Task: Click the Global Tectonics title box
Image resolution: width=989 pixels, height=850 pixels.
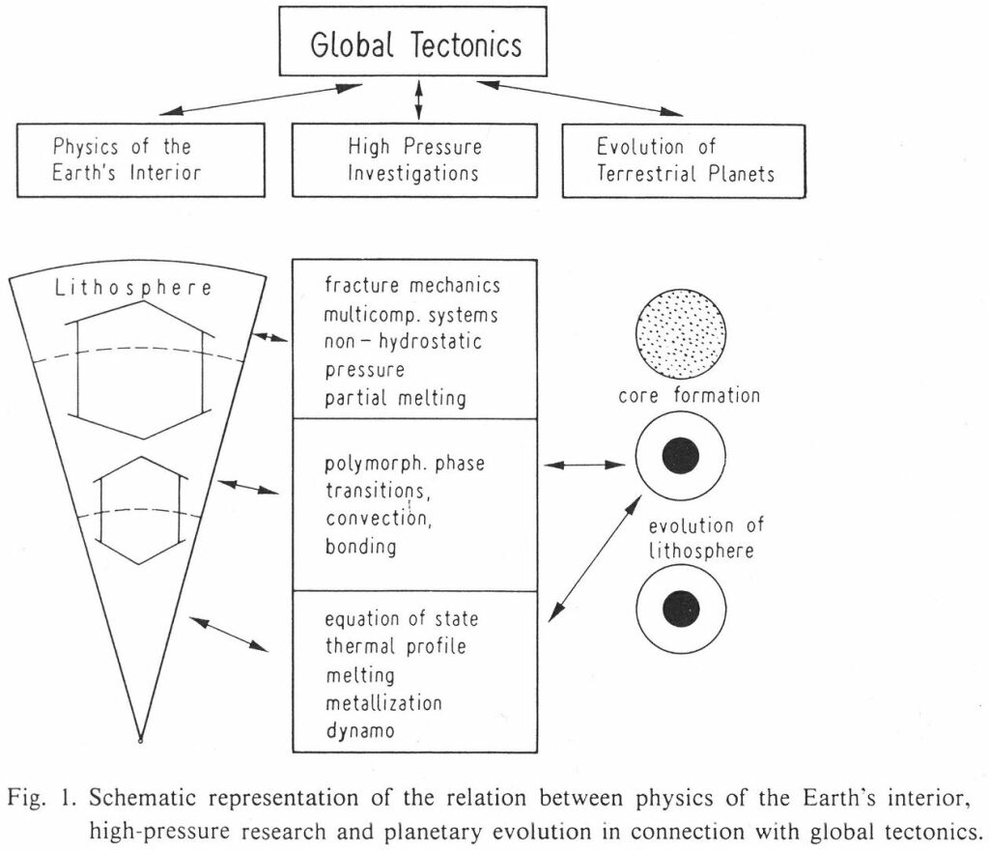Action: click(412, 42)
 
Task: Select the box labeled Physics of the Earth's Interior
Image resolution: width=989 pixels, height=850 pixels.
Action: click(141, 160)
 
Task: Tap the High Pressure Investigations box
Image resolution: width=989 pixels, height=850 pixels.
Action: click(414, 160)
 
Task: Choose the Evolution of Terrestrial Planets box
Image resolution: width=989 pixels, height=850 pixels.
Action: click(684, 160)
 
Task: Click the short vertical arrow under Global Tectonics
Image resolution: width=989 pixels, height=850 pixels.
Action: click(417, 99)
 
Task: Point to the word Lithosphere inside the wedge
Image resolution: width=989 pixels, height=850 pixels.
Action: click(133, 288)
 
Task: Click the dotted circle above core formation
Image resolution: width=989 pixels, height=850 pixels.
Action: click(681, 333)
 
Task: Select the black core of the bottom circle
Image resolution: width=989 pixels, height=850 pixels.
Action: click(681, 609)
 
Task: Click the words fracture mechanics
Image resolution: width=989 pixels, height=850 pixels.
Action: click(412, 285)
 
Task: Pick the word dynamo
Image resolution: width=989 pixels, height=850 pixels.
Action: click(360, 731)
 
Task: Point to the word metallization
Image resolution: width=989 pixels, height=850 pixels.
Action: click(383, 702)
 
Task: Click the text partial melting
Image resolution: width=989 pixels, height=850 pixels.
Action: click(395, 399)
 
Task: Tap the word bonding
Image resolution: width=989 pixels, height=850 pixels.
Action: click(361, 546)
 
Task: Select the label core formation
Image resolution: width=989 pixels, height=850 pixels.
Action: click(689, 395)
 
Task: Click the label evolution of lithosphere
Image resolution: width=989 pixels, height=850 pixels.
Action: click(706, 537)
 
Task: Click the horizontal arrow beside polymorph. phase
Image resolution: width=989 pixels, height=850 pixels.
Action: click(584, 466)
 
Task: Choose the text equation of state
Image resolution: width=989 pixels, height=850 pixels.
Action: click(401, 618)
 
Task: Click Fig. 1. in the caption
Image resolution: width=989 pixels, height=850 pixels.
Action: click(42, 798)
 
